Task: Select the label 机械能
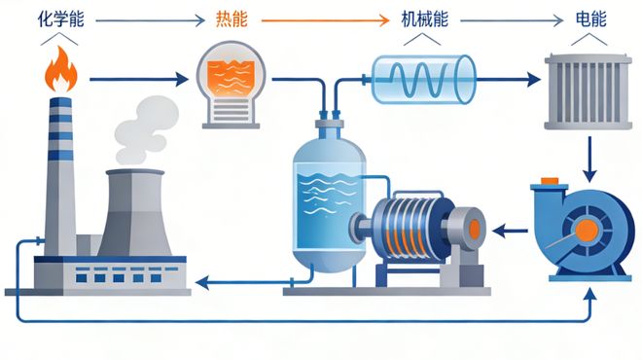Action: click(x=423, y=18)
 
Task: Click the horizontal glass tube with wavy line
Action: click(x=424, y=77)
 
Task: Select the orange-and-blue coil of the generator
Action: click(x=405, y=234)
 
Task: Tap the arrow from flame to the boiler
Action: click(x=136, y=77)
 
